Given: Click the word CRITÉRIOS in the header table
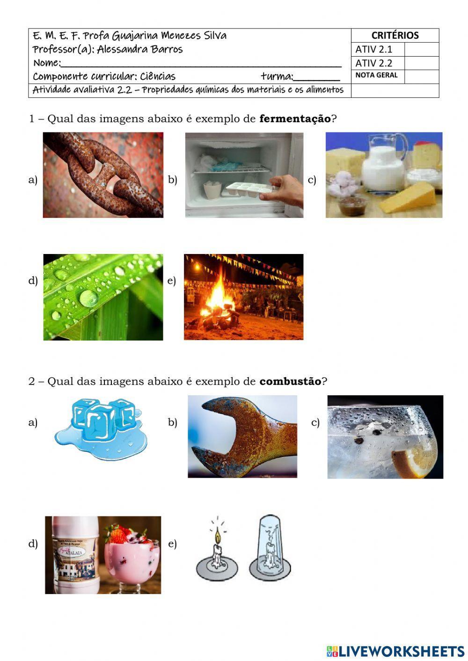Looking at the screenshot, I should [x=395, y=36].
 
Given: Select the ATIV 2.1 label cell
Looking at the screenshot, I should [x=373, y=50].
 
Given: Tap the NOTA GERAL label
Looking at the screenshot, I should [x=376, y=75].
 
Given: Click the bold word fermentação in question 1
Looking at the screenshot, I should [x=295, y=119].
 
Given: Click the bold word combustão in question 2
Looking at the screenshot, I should [x=290, y=381].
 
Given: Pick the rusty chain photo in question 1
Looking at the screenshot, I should [x=103, y=175].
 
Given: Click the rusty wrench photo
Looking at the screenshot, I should [x=242, y=436].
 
